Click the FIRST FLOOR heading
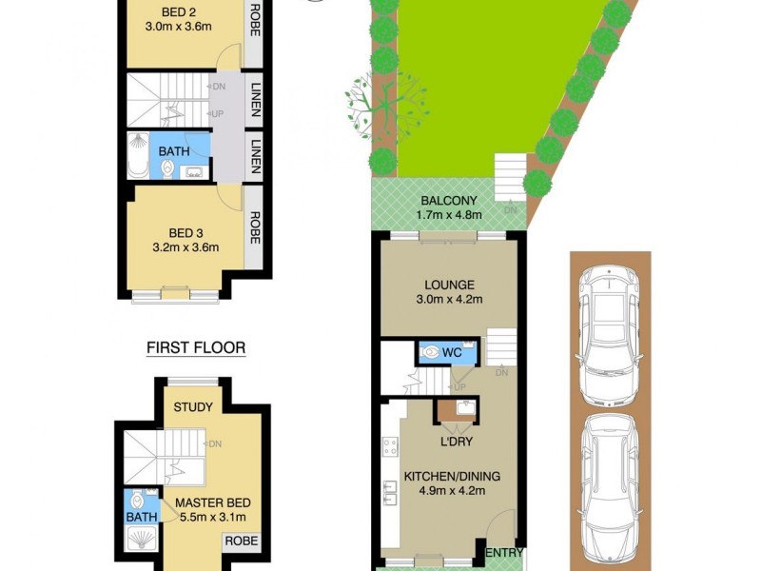196,348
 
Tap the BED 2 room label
181,10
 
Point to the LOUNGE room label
450,284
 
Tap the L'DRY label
457,443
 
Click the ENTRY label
503,552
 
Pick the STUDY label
193,407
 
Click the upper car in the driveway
609,324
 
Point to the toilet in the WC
434,352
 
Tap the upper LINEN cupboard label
254,101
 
